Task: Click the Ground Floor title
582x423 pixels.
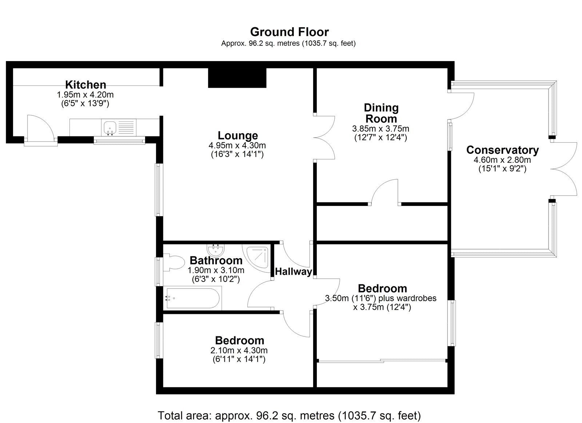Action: [289, 32]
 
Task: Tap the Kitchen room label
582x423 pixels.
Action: [85, 85]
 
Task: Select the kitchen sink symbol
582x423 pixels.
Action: [110, 128]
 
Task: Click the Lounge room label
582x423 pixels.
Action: [238, 136]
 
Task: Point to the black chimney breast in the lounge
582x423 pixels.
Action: [237, 78]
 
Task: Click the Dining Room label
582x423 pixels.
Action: [381, 113]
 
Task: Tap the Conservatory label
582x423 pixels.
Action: [502, 150]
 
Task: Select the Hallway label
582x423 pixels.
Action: [293, 272]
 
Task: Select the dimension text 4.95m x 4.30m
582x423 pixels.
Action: [237, 145]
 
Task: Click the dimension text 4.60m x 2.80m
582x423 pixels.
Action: [502, 160]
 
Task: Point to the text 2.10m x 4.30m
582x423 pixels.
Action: [239, 351]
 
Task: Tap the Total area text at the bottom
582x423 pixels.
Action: [289, 415]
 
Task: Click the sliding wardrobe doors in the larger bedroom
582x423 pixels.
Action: [382, 361]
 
